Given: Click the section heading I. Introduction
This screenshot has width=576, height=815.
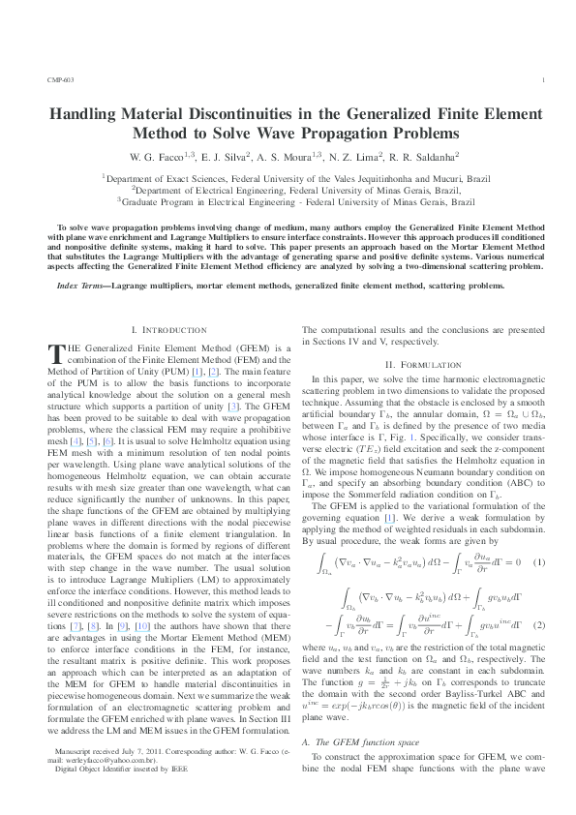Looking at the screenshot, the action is tap(167, 303).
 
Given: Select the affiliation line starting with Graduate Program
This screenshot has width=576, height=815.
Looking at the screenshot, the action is tap(296, 201).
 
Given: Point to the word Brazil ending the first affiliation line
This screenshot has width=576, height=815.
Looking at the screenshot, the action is tap(475, 178).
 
